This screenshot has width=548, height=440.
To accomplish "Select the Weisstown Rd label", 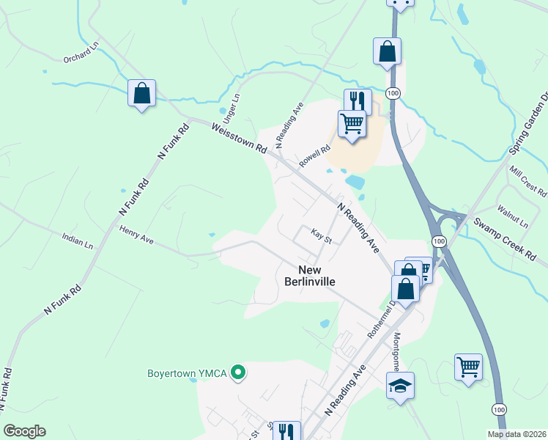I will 240,137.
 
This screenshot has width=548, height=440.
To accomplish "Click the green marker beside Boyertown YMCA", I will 237,373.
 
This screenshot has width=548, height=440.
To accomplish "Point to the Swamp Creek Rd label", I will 505,241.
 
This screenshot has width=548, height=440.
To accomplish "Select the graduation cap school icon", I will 401,385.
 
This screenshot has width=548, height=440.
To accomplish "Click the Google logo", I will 24,431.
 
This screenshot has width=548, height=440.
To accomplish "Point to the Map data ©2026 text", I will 516,434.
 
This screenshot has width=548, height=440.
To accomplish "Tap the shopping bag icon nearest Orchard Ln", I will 142,93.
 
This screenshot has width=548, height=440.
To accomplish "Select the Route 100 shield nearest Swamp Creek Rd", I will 438,241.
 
